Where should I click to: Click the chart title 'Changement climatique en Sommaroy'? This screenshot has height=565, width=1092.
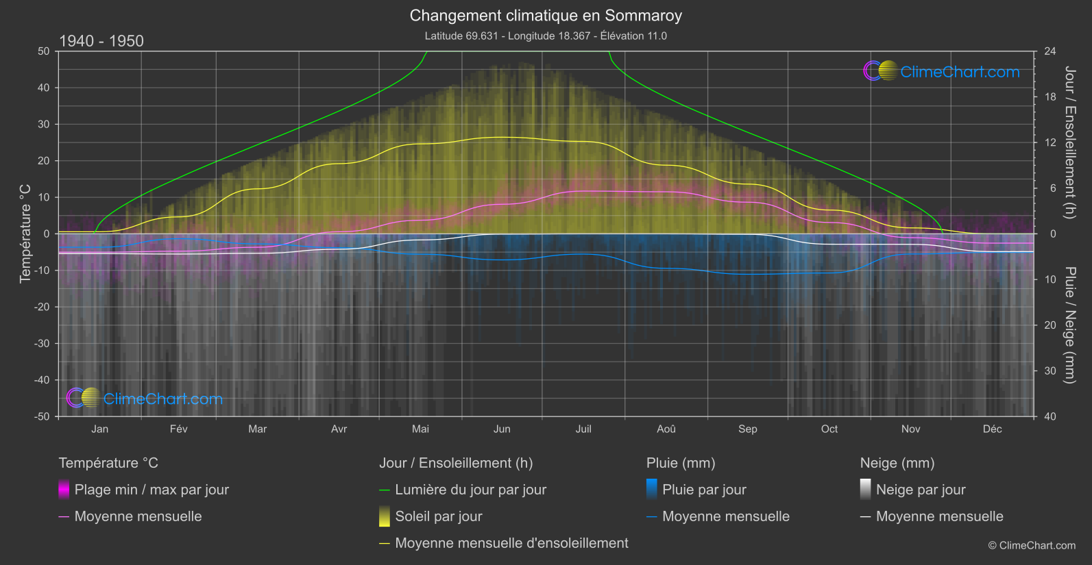[x=546, y=15]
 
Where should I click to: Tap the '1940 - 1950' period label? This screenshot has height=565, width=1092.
[x=101, y=41]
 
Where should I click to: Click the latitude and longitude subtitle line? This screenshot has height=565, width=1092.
[x=546, y=36]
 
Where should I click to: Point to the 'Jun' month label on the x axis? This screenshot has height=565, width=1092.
[x=502, y=429]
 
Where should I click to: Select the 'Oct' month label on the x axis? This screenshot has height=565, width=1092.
[x=829, y=429]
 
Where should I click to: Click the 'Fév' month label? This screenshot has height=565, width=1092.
[x=178, y=429]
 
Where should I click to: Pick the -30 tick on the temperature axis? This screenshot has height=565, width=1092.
[x=43, y=343]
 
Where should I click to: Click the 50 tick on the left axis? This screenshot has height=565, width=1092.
[x=44, y=51]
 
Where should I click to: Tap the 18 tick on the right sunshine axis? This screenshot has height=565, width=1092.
[x=1050, y=97]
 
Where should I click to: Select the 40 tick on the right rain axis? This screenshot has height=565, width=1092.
[x=1050, y=416]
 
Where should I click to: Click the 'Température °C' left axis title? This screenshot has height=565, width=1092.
[x=25, y=233]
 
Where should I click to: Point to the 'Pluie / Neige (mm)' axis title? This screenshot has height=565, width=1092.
[x=1069, y=325]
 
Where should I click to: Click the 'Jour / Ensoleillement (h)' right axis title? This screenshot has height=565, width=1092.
[x=1069, y=142]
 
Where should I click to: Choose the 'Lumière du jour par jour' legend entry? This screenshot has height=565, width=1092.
[x=470, y=490]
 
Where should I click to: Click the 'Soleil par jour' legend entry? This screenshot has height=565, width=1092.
[x=439, y=516]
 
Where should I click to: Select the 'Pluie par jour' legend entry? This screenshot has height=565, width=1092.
[x=704, y=490]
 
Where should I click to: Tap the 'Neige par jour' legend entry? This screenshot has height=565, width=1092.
[x=921, y=490]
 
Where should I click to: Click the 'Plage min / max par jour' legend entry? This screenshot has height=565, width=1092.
[x=151, y=490]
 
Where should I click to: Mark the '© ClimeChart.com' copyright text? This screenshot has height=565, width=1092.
[x=1032, y=545]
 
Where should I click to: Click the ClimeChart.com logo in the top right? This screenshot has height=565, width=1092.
[x=942, y=71]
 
